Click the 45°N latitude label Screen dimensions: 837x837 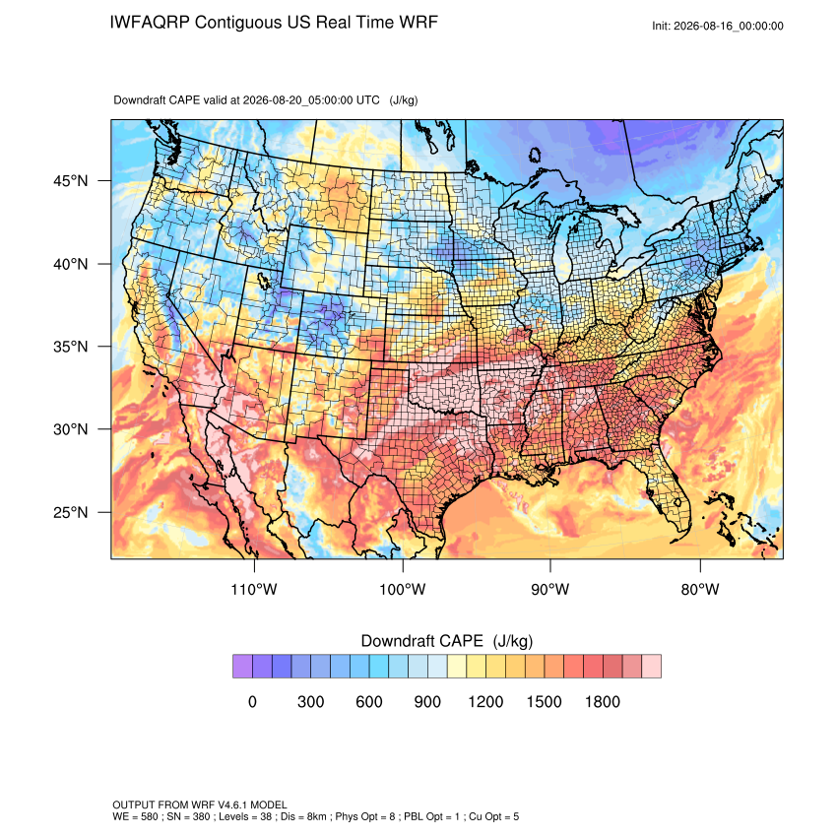coord(71,181)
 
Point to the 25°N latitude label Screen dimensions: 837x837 coord(71,512)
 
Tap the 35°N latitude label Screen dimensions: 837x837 coord(71,347)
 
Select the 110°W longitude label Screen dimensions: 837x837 coord(254,589)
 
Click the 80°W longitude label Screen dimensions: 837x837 coord(700,589)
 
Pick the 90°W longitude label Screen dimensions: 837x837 coord(550,589)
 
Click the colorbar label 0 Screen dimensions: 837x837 coord(252,701)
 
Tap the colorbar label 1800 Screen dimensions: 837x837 coord(603,701)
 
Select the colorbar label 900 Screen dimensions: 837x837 coord(427,701)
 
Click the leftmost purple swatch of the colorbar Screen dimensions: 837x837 coord(242,667)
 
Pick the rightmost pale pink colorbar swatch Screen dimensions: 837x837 coord(651,667)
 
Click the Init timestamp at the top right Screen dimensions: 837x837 coord(718,27)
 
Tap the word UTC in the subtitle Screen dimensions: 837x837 coord(368,100)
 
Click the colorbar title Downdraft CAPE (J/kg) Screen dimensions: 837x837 coord(447,641)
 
